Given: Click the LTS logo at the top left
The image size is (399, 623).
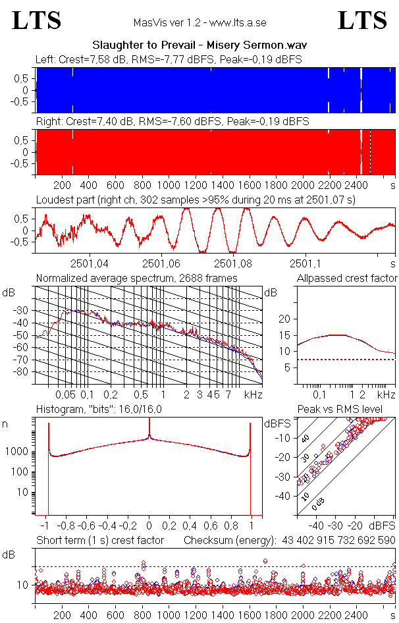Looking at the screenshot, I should (x=37, y=20).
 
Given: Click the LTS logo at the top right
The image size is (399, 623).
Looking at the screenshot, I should (x=362, y=20).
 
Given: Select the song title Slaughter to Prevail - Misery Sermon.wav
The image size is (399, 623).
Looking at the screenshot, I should (x=199, y=45).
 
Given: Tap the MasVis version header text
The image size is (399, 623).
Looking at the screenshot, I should (x=199, y=23).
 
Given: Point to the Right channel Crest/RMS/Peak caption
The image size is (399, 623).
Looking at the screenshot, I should (x=173, y=122).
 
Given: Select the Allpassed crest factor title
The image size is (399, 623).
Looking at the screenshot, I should (x=347, y=279).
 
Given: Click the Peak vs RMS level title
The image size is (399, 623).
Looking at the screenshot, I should (x=349, y=410).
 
